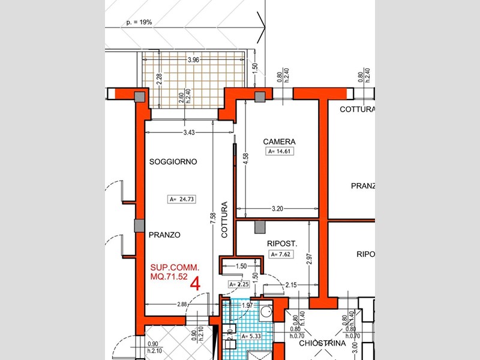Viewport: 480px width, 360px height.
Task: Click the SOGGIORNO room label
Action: click(x=173, y=162)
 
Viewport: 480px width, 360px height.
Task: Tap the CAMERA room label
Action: click(x=279, y=142)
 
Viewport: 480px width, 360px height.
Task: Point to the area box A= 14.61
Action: click(x=279, y=151)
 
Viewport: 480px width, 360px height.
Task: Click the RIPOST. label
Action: click(x=282, y=244)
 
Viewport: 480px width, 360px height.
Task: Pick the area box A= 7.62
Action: click(x=280, y=254)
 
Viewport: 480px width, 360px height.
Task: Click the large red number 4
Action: click(x=194, y=284)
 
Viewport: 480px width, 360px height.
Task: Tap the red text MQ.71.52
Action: click(x=170, y=277)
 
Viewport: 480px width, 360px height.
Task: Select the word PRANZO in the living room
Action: click(x=164, y=235)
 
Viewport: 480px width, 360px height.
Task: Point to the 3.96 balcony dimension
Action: click(x=193, y=61)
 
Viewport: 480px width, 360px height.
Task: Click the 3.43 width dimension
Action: click(x=188, y=131)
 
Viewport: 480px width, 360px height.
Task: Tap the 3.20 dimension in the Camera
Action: click(x=277, y=209)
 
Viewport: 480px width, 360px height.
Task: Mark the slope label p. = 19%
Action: click(x=139, y=22)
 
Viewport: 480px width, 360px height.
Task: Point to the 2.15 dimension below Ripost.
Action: click(x=292, y=284)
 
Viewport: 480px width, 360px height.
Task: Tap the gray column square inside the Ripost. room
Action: click(x=260, y=227)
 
